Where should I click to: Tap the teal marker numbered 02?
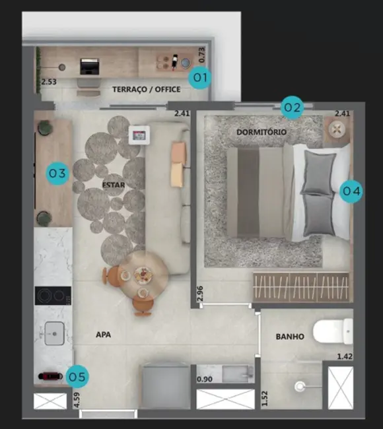(292, 107)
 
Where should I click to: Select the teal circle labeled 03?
(57, 174)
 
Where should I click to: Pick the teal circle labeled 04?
(351, 191)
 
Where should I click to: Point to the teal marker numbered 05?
(77, 378)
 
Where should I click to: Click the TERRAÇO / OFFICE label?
(146, 89)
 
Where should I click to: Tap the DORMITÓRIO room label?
(261, 132)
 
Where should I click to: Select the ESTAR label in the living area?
(114, 184)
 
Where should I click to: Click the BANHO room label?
(290, 337)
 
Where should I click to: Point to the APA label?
(103, 335)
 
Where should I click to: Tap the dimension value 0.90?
(204, 379)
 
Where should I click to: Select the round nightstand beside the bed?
(339, 128)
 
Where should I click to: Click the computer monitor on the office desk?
(88, 66)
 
